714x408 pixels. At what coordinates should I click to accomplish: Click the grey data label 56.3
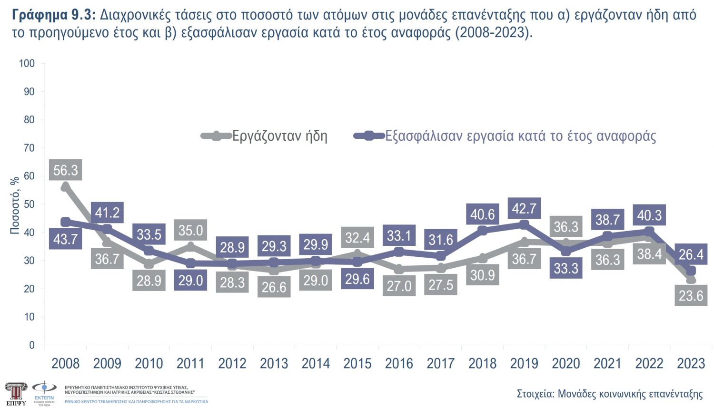click(65, 170)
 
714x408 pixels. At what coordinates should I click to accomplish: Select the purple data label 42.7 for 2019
click(524, 208)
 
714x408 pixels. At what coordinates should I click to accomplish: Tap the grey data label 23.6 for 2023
click(691, 296)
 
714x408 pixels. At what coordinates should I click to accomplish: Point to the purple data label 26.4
click(691, 254)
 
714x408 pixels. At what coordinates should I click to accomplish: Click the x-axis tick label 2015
click(357, 364)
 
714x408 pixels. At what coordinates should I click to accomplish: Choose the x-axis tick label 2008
click(65, 364)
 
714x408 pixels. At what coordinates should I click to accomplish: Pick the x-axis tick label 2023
click(691, 364)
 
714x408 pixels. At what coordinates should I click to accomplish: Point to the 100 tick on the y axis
click(27, 63)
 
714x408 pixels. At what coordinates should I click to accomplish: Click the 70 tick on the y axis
click(29, 148)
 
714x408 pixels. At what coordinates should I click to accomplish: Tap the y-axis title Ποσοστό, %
click(15, 205)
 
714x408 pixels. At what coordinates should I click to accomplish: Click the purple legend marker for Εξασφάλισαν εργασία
click(369, 136)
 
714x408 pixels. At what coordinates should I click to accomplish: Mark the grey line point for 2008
click(65, 187)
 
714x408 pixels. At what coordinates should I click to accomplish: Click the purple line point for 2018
click(482, 231)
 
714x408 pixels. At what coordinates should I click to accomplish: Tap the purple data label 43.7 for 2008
click(65, 239)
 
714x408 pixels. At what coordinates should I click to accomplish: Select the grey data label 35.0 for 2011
click(190, 231)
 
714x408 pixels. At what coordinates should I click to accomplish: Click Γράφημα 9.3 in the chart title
click(54, 15)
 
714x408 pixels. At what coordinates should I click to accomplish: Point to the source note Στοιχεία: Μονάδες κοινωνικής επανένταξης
click(609, 394)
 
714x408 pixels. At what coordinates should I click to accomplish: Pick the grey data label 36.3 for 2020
click(565, 227)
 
